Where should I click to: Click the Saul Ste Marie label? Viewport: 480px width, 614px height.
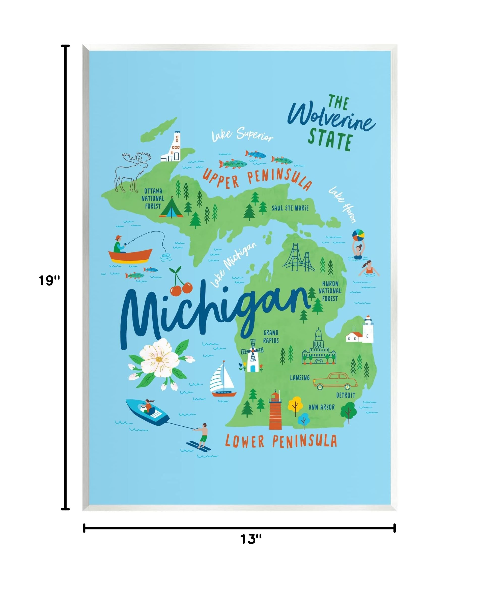tap(290, 208)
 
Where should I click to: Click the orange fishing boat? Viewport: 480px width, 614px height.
tap(130, 255)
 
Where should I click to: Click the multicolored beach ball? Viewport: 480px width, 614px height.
tap(358, 235)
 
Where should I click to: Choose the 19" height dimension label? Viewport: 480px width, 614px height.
tap(49, 281)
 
